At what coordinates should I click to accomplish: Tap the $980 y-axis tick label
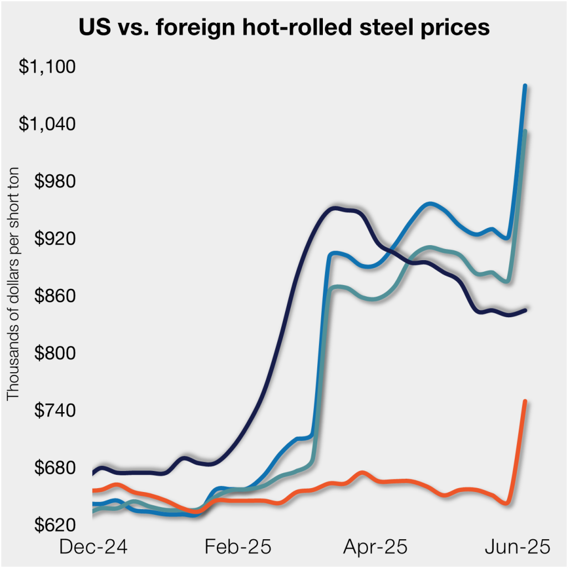coord(53,181)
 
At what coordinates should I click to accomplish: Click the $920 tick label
coord(53,239)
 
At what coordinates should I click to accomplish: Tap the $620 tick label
coord(53,525)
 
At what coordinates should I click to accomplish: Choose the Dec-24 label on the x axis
coord(93,547)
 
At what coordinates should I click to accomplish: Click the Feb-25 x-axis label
coord(237,547)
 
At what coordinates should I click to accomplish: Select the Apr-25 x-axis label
coord(375,547)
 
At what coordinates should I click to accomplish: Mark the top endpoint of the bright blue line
coord(525,85)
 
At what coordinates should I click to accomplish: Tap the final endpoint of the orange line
coord(525,400)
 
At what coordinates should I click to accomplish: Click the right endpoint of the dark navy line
coord(525,310)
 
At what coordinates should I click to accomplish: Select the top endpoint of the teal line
coord(525,131)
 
